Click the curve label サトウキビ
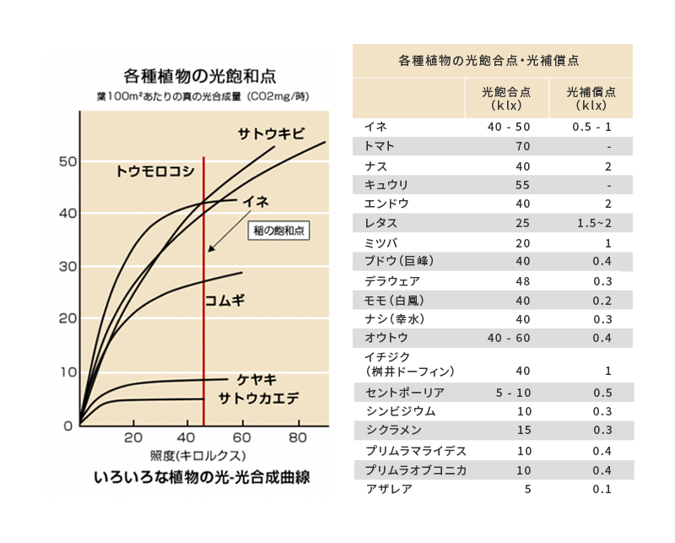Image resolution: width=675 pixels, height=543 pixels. [271, 135]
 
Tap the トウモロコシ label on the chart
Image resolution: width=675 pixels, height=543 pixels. [155, 171]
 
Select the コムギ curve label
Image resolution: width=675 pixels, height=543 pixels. [224, 299]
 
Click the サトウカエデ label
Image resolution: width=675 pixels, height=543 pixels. [259, 399]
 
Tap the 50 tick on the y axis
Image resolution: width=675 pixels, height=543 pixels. [65, 161]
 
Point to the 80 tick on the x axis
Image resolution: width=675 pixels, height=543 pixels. [297, 438]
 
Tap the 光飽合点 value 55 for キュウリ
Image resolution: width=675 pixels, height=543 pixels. [524, 185]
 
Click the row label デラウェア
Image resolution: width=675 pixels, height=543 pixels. [392, 281]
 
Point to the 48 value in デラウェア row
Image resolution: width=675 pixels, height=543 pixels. [524, 281]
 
